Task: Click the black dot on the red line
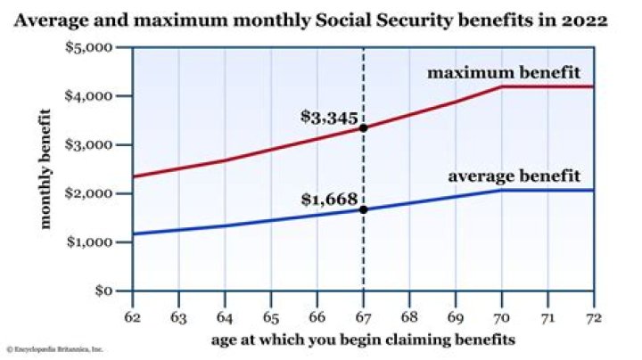363,128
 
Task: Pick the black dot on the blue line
363,210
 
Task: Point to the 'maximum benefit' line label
516,71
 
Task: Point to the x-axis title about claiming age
363,339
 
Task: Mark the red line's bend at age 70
501,86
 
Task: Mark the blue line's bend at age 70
501,191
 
